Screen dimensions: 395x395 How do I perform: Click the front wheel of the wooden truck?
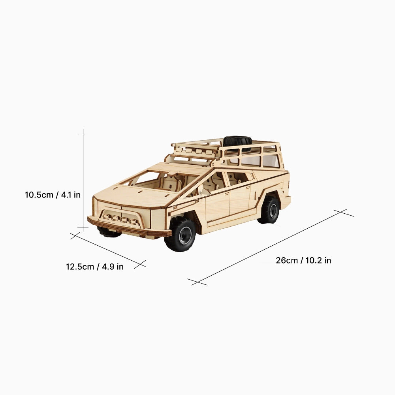[181, 235]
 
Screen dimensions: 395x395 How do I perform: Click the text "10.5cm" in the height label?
[39, 195]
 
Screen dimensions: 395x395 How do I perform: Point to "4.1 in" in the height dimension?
[71, 195]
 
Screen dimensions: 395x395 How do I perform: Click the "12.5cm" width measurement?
[80, 267]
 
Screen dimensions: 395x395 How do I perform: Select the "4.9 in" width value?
[113, 267]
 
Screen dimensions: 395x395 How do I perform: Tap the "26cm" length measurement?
[287, 261]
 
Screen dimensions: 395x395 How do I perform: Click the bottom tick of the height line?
[83, 228]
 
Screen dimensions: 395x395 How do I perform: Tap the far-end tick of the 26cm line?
[343, 213]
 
